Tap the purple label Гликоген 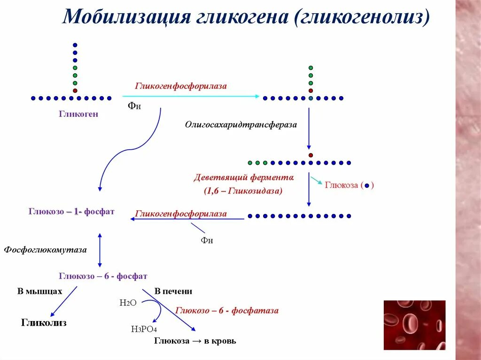pyautogui.click(x=78, y=114)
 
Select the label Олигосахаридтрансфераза pyautogui.click(x=241, y=125)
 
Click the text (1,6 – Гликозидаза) pyautogui.click(x=243, y=191)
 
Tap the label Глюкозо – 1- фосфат pyautogui.click(x=71, y=212)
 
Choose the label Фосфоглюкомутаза pyautogui.click(x=46, y=250)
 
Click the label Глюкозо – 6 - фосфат pyautogui.click(x=103, y=276)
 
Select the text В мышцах pyautogui.click(x=40, y=291)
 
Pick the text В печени pyautogui.click(x=173, y=291)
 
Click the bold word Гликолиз pyautogui.click(x=44, y=323)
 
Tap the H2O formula pyautogui.click(x=128, y=303)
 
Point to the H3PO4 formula pyautogui.click(x=144, y=329)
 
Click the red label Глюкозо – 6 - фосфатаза pyautogui.click(x=227, y=310)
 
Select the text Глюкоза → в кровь pyautogui.click(x=195, y=341)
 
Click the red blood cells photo pyautogui.click(x=414, y=325)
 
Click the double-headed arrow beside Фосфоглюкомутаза pyautogui.click(x=100, y=249)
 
